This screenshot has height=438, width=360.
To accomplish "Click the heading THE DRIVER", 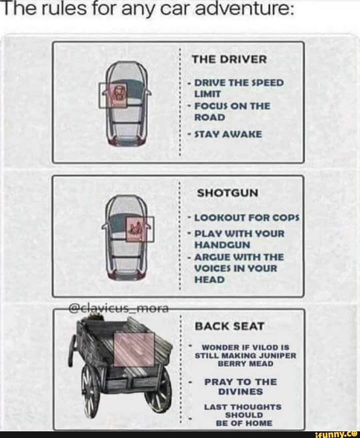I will coord(229,59).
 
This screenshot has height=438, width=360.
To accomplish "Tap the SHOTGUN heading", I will coord(228,193).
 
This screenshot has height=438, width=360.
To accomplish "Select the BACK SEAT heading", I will coord(229,326).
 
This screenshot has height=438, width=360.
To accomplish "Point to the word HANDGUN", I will coord(222,245).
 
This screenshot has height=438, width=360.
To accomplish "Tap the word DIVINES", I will coord(240,392).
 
